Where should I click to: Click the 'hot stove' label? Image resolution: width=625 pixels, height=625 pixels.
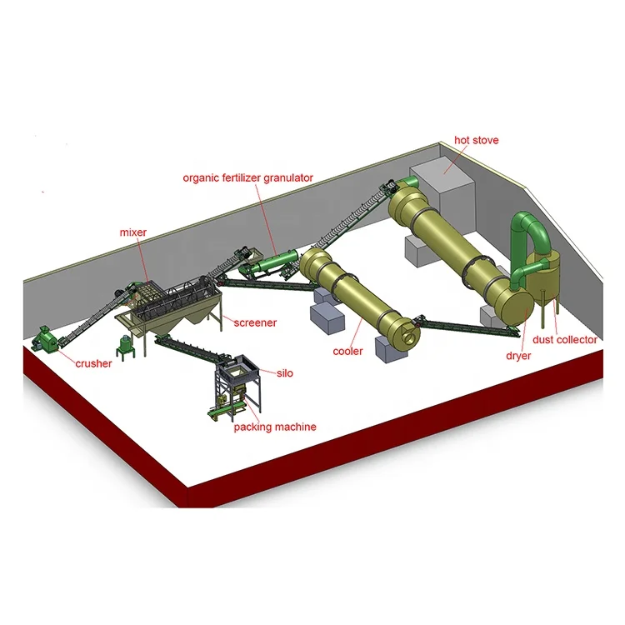477,140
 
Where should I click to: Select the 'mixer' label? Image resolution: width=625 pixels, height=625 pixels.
134,232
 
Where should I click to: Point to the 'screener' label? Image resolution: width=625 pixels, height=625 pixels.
255,322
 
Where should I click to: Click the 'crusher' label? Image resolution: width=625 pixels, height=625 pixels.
94,363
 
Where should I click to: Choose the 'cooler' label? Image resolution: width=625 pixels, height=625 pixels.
347,352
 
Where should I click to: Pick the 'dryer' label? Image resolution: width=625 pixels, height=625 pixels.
517,355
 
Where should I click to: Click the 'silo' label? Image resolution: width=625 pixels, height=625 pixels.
286,374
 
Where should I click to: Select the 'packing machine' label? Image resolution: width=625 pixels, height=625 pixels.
276,427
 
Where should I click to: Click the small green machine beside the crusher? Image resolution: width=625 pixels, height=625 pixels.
127,346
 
